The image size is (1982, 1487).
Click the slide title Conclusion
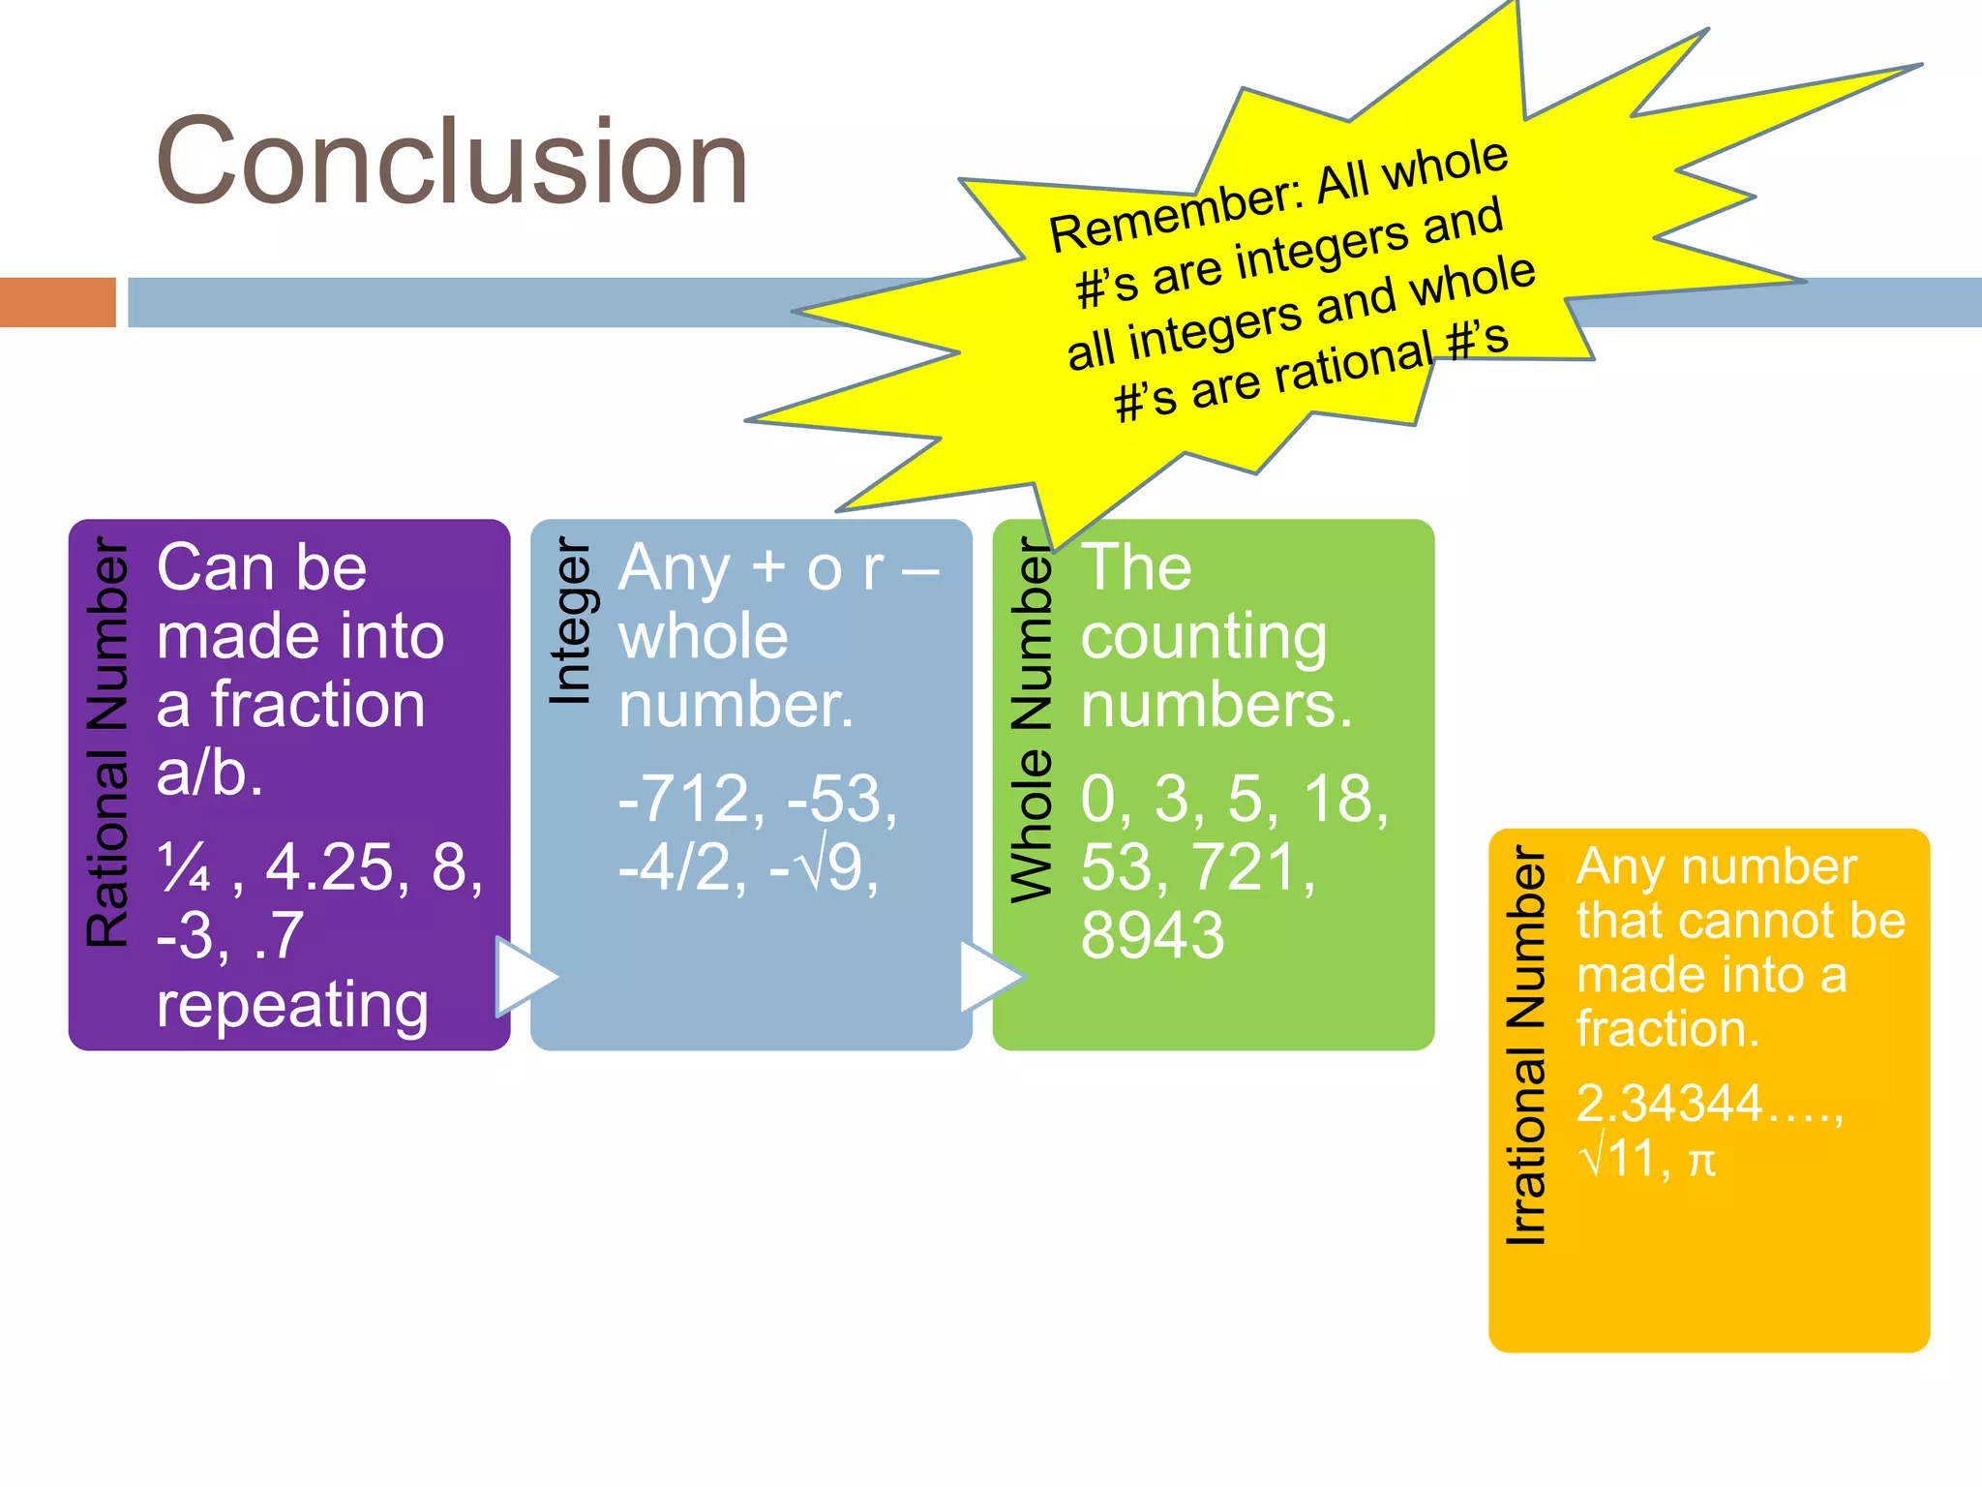click(x=452, y=161)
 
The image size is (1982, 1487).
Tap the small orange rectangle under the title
click(x=58, y=302)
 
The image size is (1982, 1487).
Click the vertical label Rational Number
click(x=106, y=742)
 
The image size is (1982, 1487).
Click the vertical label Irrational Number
click(x=1526, y=1046)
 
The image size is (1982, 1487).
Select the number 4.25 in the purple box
click(x=330, y=866)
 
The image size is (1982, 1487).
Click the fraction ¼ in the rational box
click(x=184, y=866)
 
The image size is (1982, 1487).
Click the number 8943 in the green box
click(x=1153, y=935)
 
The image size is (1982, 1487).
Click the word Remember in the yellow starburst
click(x=1176, y=215)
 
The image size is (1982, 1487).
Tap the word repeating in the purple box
click(x=292, y=1004)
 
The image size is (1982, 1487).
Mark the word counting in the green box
click(x=1203, y=638)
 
